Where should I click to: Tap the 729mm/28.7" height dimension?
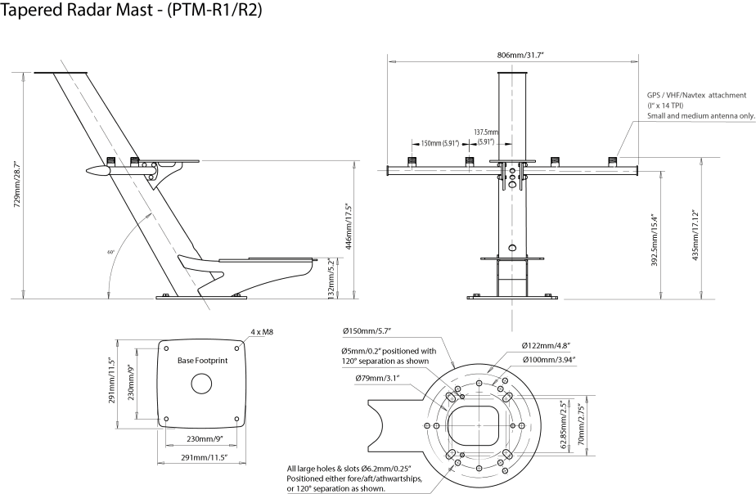[x=17, y=184]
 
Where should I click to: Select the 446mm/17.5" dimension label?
[x=349, y=228]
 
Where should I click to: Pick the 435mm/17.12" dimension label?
[x=695, y=236]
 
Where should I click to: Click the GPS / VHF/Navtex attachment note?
[x=700, y=106]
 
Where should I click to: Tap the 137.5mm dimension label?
[x=485, y=132]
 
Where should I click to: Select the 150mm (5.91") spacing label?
[x=440, y=143]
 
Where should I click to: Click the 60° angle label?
[x=110, y=252]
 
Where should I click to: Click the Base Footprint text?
[x=203, y=361]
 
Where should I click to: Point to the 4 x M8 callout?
[x=262, y=331]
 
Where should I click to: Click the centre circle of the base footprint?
[x=201, y=384]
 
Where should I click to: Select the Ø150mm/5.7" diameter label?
[x=367, y=330]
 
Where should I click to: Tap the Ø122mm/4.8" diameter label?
[x=547, y=345]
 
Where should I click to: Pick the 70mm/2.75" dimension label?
[x=581, y=425]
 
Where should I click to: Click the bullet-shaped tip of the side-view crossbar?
[x=97, y=171]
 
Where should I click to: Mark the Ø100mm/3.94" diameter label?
[x=549, y=360]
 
